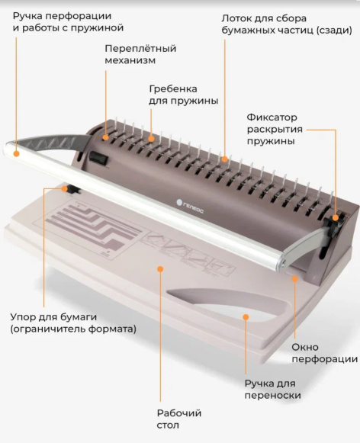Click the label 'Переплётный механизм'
click(x=140, y=54)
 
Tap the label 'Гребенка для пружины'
click(x=183, y=95)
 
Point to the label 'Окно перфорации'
click(x=324, y=353)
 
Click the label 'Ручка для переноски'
click(x=272, y=390)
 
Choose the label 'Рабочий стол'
click(x=179, y=419)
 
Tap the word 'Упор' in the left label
click(x=23, y=317)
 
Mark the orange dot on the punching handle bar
click(x=16, y=154)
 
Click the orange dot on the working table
click(x=160, y=269)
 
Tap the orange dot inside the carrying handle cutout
click(x=246, y=317)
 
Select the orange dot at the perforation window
click(x=294, y=279)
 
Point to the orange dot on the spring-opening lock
click(x=336, y=217)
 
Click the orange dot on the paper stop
click(x=65, y=189)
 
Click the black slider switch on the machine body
click(x=98, y=159)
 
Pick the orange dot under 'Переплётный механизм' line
click(x=105, y=137)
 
